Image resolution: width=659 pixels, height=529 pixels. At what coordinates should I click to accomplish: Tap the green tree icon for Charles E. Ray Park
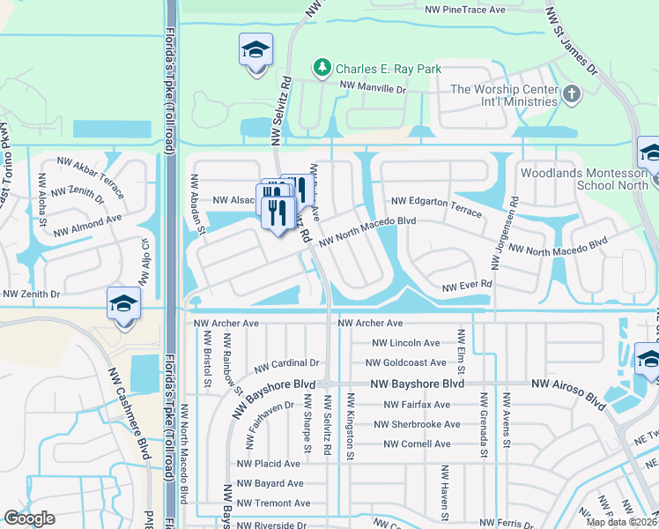(x=322, y=67)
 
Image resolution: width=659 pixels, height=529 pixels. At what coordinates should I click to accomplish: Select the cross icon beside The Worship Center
(x=571, y=93)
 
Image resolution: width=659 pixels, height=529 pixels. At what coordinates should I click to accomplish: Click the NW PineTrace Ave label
(x=465, y=10)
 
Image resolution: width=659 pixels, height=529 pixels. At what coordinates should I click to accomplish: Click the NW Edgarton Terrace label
(x=437, y=206)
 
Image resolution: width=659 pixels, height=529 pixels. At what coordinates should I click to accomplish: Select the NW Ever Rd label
(x=466, y=287)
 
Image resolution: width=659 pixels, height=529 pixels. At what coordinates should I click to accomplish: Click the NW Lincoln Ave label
(x=406, y=343)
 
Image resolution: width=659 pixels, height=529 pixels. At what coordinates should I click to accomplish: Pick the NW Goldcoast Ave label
(x=406, y=362)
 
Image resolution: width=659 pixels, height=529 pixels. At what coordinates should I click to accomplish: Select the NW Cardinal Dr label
(x=286, y=363)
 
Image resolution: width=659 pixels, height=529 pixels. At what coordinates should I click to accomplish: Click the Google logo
(x=29, y=518)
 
